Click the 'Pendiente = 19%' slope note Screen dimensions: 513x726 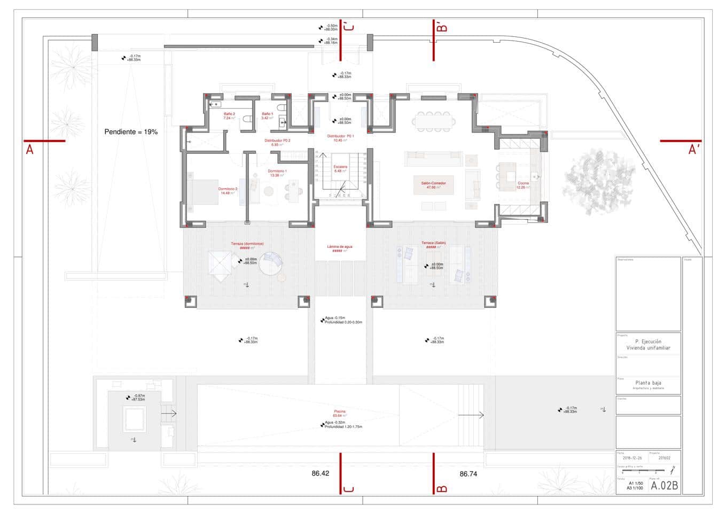click(131, 132)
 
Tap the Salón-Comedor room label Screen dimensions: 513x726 click(433, 183)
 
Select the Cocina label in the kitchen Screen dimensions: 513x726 click(523, 183)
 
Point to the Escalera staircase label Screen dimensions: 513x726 click(340, 167)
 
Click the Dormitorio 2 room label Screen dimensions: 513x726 click(228, 189)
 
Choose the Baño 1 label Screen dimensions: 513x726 click(267, 114)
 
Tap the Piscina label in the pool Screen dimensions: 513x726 click(340, 411)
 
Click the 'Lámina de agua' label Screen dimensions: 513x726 click(340, 247)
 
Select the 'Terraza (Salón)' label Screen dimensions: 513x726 click(433, 243)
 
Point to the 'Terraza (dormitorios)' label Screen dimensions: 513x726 click(247, 244)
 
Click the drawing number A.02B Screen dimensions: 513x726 click(664, 486)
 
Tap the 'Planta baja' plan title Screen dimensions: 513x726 click(648, 383)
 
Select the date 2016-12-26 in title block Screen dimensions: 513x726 click(632, 458)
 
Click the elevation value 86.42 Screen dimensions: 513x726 click(321, 473)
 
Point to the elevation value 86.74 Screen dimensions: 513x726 click(468, 473)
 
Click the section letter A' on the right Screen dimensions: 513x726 click(693, 150)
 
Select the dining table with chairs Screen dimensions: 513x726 click(433, 121)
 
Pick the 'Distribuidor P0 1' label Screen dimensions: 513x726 click(340, 136)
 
